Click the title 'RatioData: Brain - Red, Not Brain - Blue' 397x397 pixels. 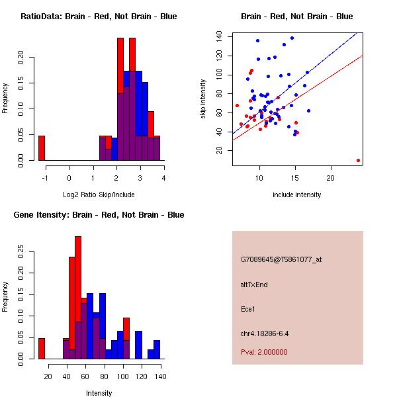pyautogui.click(x=99, y=16)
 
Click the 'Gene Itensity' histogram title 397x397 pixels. pyautogui.click(x=99, y=215)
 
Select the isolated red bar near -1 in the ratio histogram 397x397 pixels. pyautogui.click(x=42, y=148)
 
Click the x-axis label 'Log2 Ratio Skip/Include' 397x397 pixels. pyautogui.click(x=99, y=195)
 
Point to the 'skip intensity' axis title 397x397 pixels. pyautogui.click(x=203, y=97)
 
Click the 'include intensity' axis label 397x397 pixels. pyautogui.click(x=297, y=195)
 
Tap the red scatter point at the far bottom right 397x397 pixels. pyautogui.click(x=358, y=160)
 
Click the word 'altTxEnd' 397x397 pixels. pyautogui.click(x=255, y=285)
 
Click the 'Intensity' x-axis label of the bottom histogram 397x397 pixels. pyautogui.click(x=99, y=393)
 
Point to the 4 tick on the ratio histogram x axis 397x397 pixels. pyautogui.click(x=163, y=177)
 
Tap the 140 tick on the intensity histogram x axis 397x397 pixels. pyautogui.click(x=160, y=376)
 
